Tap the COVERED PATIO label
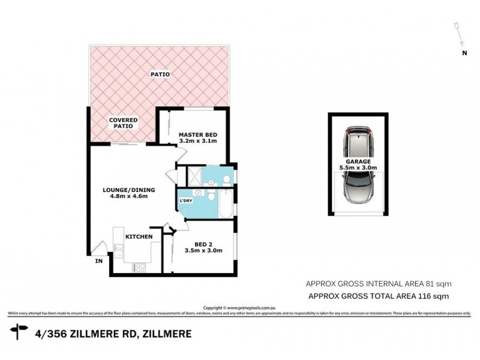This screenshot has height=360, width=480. tap(122, 123)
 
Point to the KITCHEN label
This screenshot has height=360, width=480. tap(139, 237)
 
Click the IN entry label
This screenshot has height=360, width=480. tap(97, 261)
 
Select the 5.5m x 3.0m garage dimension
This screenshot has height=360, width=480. tap(357, 169)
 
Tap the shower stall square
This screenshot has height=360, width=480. tap(194, 176)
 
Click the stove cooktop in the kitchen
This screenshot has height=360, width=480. tap(137, 268)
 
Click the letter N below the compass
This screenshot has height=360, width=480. tap(464, 53)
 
